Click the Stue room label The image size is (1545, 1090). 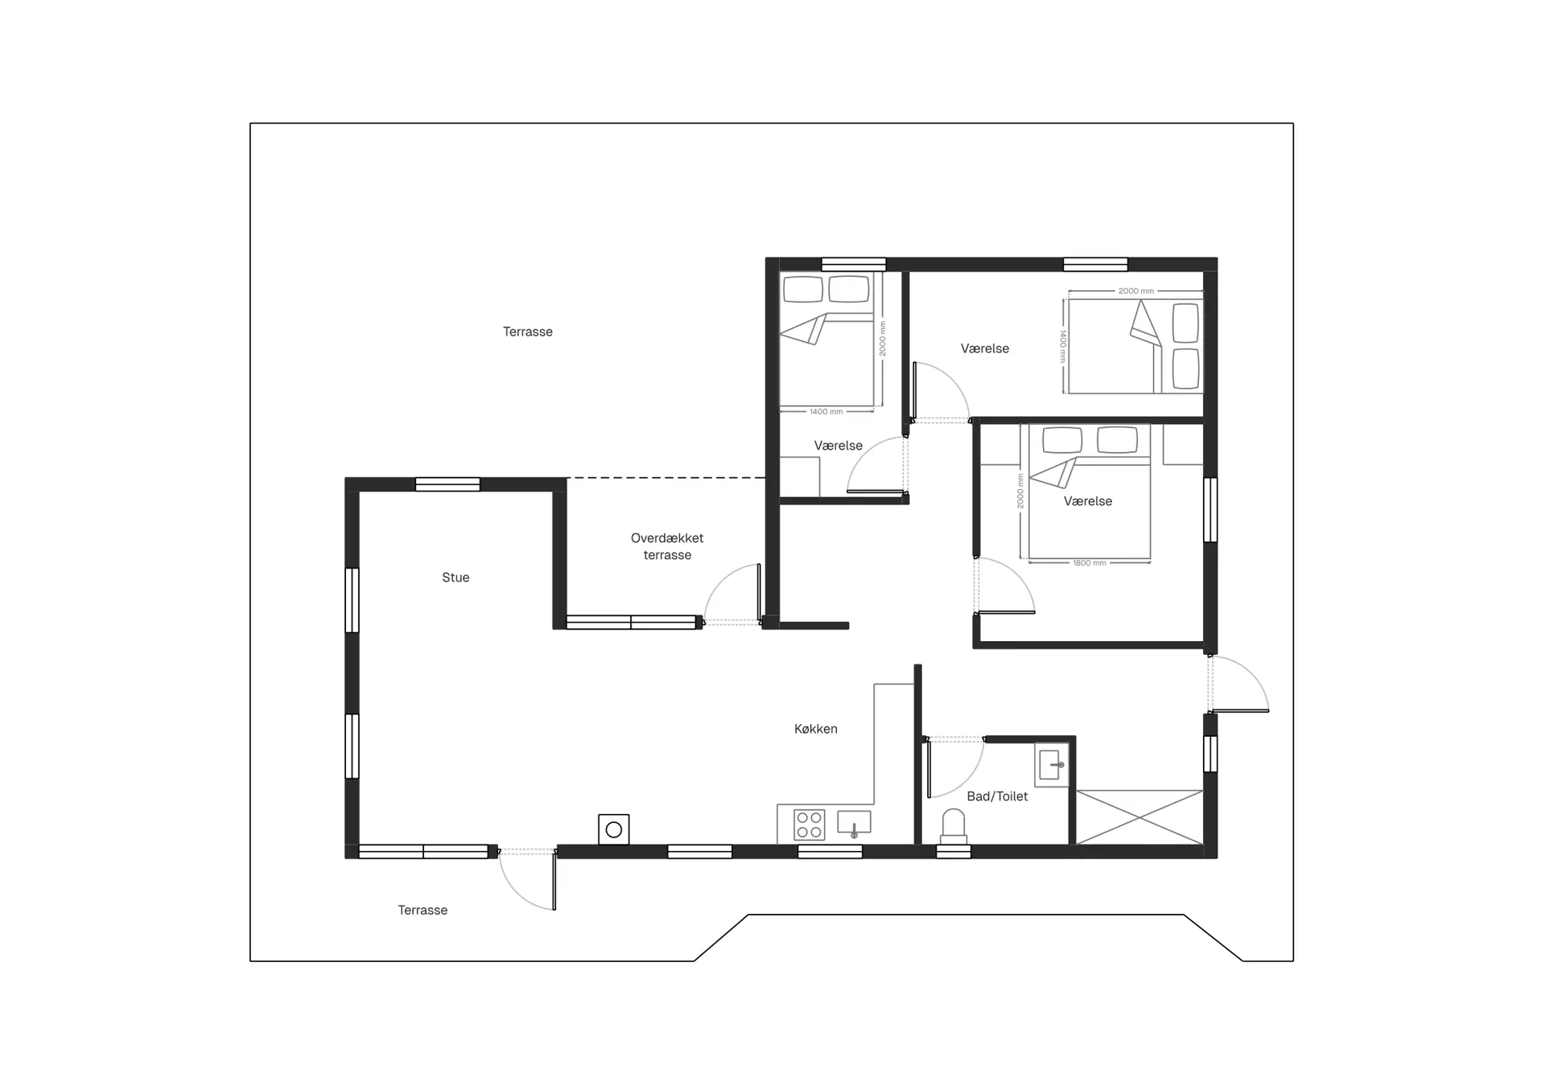point(455,578)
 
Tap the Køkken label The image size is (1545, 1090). point(816,729)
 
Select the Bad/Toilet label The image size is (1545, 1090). point(997,796)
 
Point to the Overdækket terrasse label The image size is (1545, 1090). point(667,546)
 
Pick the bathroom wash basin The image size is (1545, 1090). point(1051,764)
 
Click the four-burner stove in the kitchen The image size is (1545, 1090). point(809,825)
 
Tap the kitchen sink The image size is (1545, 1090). point(854,823)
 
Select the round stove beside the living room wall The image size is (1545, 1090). point(614,829)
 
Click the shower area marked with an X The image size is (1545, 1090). point(1139,817)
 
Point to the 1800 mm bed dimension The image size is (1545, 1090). point(1090,563)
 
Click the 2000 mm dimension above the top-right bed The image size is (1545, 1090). point(1136,291)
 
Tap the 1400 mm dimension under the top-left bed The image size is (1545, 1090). point(826,412)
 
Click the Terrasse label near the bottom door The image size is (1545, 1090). point(422,911)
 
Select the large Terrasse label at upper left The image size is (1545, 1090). point(528,331)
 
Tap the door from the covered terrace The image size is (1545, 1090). point(733,594)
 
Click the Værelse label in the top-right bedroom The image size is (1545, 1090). point(985,348)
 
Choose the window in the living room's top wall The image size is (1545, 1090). point(447,484)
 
